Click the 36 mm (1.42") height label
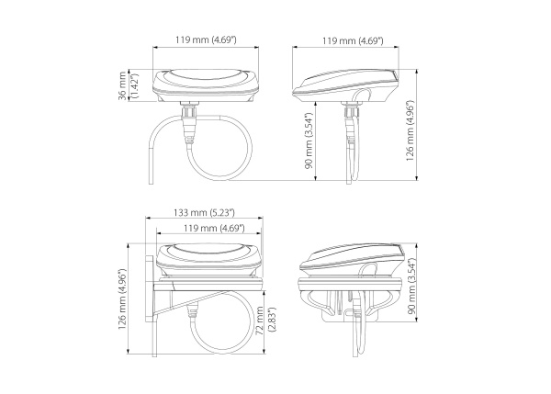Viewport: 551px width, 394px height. (x=129, y=85)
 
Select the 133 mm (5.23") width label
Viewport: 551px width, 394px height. (x=204, y=213)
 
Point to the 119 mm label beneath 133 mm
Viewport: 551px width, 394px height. (x=214, y=228)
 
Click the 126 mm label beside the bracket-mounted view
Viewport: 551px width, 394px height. (x=122, y=298)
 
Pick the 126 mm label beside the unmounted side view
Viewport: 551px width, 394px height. (x=410, y=130)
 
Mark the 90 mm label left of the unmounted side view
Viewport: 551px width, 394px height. (x=309, y=141)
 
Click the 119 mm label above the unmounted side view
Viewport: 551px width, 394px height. (x=353, y=40)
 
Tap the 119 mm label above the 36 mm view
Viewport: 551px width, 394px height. (x=206, y=39)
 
